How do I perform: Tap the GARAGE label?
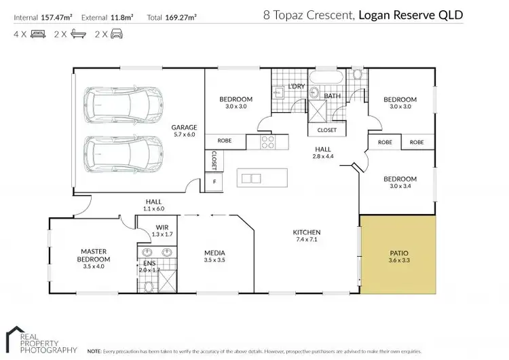[x=183, y=127]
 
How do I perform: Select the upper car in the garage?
[x=123, y=106]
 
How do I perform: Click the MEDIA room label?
[x=214, y=253]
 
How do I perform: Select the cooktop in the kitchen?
[x=267, y=143]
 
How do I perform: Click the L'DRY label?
[x=297, y=86]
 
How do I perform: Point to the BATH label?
[x=331, y=96]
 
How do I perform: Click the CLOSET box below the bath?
[x=326, y=129]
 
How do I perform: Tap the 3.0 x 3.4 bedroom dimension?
[x=399, y=187]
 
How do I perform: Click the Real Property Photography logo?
[x=41, y=340]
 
